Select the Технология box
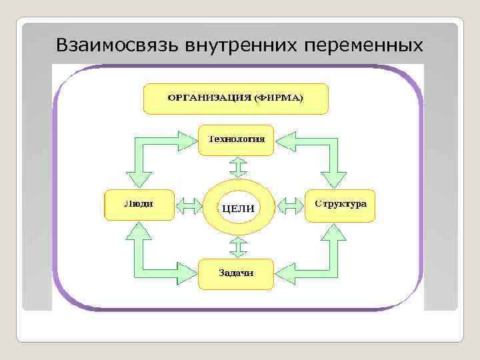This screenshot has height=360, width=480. click(237, 140)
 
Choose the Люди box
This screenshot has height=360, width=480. click(139, 205)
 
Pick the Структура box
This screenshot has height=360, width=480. click(340, 205)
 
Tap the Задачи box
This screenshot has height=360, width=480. click(237, 273)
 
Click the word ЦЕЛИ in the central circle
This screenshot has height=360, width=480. click(237, 208)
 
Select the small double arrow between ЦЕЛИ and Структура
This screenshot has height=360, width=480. click(289, 206)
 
